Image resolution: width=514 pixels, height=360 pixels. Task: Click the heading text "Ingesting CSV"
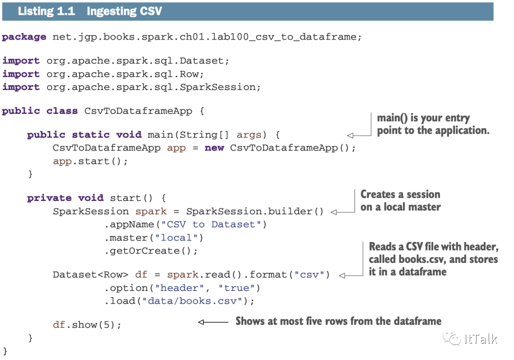click(x=124, y=11)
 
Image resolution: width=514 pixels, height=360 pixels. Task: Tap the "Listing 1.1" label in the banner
click(x=46, y=11)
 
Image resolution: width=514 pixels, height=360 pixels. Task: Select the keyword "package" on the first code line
click(x=24, y=37)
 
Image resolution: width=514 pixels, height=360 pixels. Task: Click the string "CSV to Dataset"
click(x=211, y=224)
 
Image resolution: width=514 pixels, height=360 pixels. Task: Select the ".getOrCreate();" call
click(x=151, y=251)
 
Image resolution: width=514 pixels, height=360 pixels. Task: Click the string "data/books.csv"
click(x=196, y=301)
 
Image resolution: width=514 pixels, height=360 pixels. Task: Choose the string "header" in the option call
click(x=183, y=288)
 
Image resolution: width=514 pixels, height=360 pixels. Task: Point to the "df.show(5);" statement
click(x=87, y=325)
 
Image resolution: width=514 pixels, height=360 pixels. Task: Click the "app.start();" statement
click(x=90, y=161)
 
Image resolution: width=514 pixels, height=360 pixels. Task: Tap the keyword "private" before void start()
click(x=49, y=198)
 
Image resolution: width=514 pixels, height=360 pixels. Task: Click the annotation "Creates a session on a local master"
click(x=400, y=200)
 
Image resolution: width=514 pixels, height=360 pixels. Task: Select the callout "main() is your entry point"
click(x=433, y=124)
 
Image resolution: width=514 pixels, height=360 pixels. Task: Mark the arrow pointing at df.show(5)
click(x=212, y=322)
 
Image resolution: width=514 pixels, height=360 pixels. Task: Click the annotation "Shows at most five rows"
click(x=338, y=321)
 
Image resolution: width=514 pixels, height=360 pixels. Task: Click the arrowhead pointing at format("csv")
click(x=343, y=275)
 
